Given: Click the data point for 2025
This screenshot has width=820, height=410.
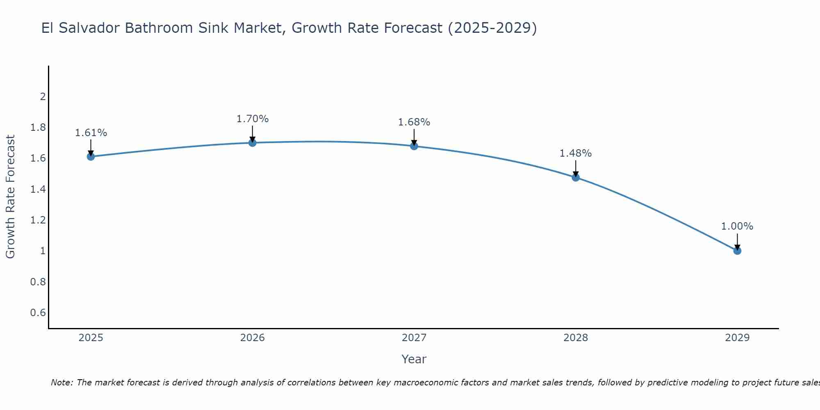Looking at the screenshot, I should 91,156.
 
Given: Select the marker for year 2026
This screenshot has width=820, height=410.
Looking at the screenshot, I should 253,143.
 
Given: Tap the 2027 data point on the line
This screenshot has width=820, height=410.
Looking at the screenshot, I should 414,146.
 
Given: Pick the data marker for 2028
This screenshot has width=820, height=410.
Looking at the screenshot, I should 576,177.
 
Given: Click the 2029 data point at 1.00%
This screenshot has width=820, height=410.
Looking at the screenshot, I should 737,251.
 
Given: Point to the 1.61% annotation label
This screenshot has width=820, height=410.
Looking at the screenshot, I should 91,133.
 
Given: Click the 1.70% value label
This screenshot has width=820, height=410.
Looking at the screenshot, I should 253,119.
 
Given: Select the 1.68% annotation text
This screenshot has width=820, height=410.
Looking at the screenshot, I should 414,122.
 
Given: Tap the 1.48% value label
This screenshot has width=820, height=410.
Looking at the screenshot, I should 576,153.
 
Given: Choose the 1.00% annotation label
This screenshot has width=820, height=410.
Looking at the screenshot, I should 737,226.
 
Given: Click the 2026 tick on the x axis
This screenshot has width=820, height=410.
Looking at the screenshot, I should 253,338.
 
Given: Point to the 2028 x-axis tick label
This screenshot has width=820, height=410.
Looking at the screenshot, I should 576,338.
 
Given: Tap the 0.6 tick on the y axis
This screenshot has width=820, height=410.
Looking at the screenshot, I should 38,313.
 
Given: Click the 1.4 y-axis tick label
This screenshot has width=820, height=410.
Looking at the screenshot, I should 38,189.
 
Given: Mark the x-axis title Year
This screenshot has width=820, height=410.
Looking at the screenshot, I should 414,359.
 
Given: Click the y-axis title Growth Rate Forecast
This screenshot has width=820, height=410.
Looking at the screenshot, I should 11,197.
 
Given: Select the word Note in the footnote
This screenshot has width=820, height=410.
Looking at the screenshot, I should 61,383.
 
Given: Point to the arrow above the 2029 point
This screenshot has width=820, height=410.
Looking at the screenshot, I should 737,241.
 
